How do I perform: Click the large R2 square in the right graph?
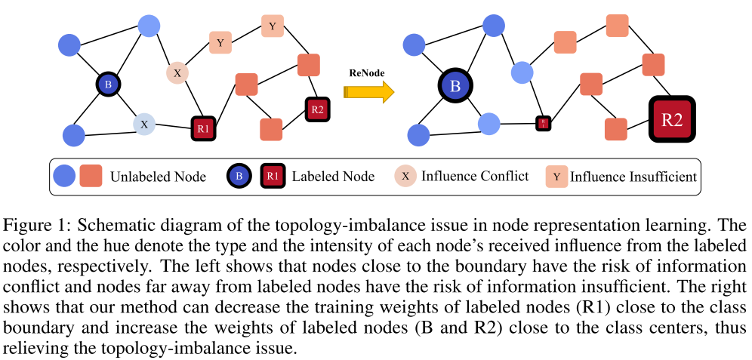(671, 119)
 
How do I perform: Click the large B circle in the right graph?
(455, 85)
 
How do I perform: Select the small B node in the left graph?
(108, 85)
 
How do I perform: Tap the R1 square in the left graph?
(203, 128)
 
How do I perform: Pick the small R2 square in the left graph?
(317, 109)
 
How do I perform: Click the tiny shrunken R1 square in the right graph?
(542, 123)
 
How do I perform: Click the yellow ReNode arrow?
(368, 92)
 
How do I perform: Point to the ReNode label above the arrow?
(367, 73)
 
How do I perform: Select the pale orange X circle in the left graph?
(177, 73)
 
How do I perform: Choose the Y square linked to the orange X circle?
(220, 43)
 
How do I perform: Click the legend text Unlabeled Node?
(158, 177)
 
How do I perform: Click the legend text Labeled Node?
(332, 177)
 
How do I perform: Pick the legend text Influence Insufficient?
(633, 177)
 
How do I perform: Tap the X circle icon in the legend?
(406, 177)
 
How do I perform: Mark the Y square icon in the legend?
(557, 177)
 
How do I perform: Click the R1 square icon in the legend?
(273, 177)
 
